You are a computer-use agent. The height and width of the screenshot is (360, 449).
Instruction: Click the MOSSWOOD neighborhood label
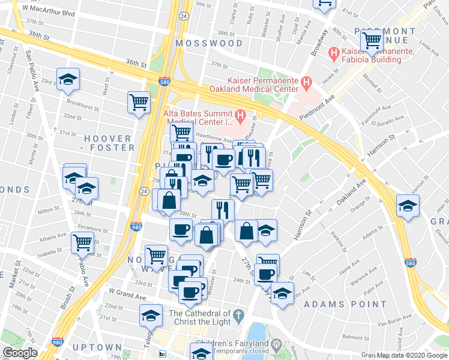pos(209,43)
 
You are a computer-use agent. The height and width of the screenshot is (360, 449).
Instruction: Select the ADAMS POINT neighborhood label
pos(345,304)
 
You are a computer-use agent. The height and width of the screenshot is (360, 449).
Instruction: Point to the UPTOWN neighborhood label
pos(97,347)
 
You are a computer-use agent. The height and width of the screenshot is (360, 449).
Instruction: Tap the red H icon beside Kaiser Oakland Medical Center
pos(306,81)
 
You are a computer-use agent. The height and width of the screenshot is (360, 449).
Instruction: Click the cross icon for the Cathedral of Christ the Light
pos(238,315)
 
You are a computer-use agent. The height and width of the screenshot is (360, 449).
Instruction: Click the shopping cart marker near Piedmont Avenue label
pos(372,41)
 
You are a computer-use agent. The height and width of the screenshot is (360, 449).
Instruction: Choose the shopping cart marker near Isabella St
pos(82,243)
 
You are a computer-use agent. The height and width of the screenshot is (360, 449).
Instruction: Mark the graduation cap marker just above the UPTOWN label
pos(151,314)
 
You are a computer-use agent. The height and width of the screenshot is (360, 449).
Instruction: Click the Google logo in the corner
pos(20,353)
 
